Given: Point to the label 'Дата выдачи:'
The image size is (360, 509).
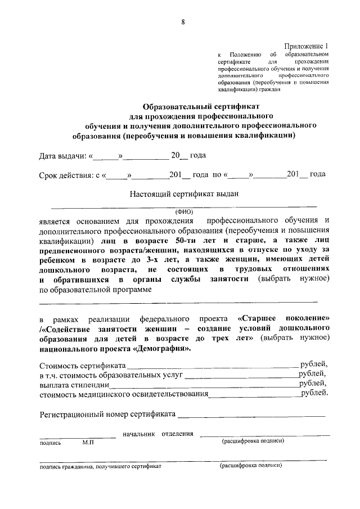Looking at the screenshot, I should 62,156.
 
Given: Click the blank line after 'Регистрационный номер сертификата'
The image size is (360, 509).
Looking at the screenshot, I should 252,416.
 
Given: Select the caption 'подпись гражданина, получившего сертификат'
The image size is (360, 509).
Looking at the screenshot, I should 100,467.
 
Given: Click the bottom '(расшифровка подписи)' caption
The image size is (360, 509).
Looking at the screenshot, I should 250,466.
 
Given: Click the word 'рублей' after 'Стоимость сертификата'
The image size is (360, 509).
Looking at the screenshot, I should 313,364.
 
